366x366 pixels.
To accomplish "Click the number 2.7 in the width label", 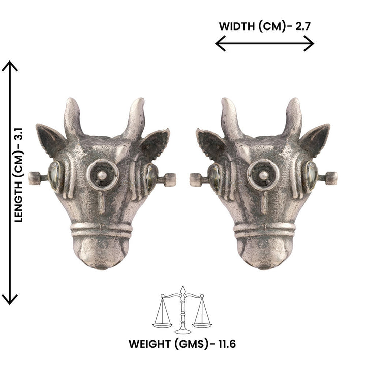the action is tap(303, 26).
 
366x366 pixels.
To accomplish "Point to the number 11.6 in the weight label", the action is tap(227, 344).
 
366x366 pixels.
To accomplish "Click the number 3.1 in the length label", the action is tap(18, 134).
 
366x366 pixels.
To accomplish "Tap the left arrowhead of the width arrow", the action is tap(220, 43).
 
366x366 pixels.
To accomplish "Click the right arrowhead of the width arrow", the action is tap(309, 43).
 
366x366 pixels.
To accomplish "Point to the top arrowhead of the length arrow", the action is tap(10, 66).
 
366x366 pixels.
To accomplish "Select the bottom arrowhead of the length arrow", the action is tap(10, 300).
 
